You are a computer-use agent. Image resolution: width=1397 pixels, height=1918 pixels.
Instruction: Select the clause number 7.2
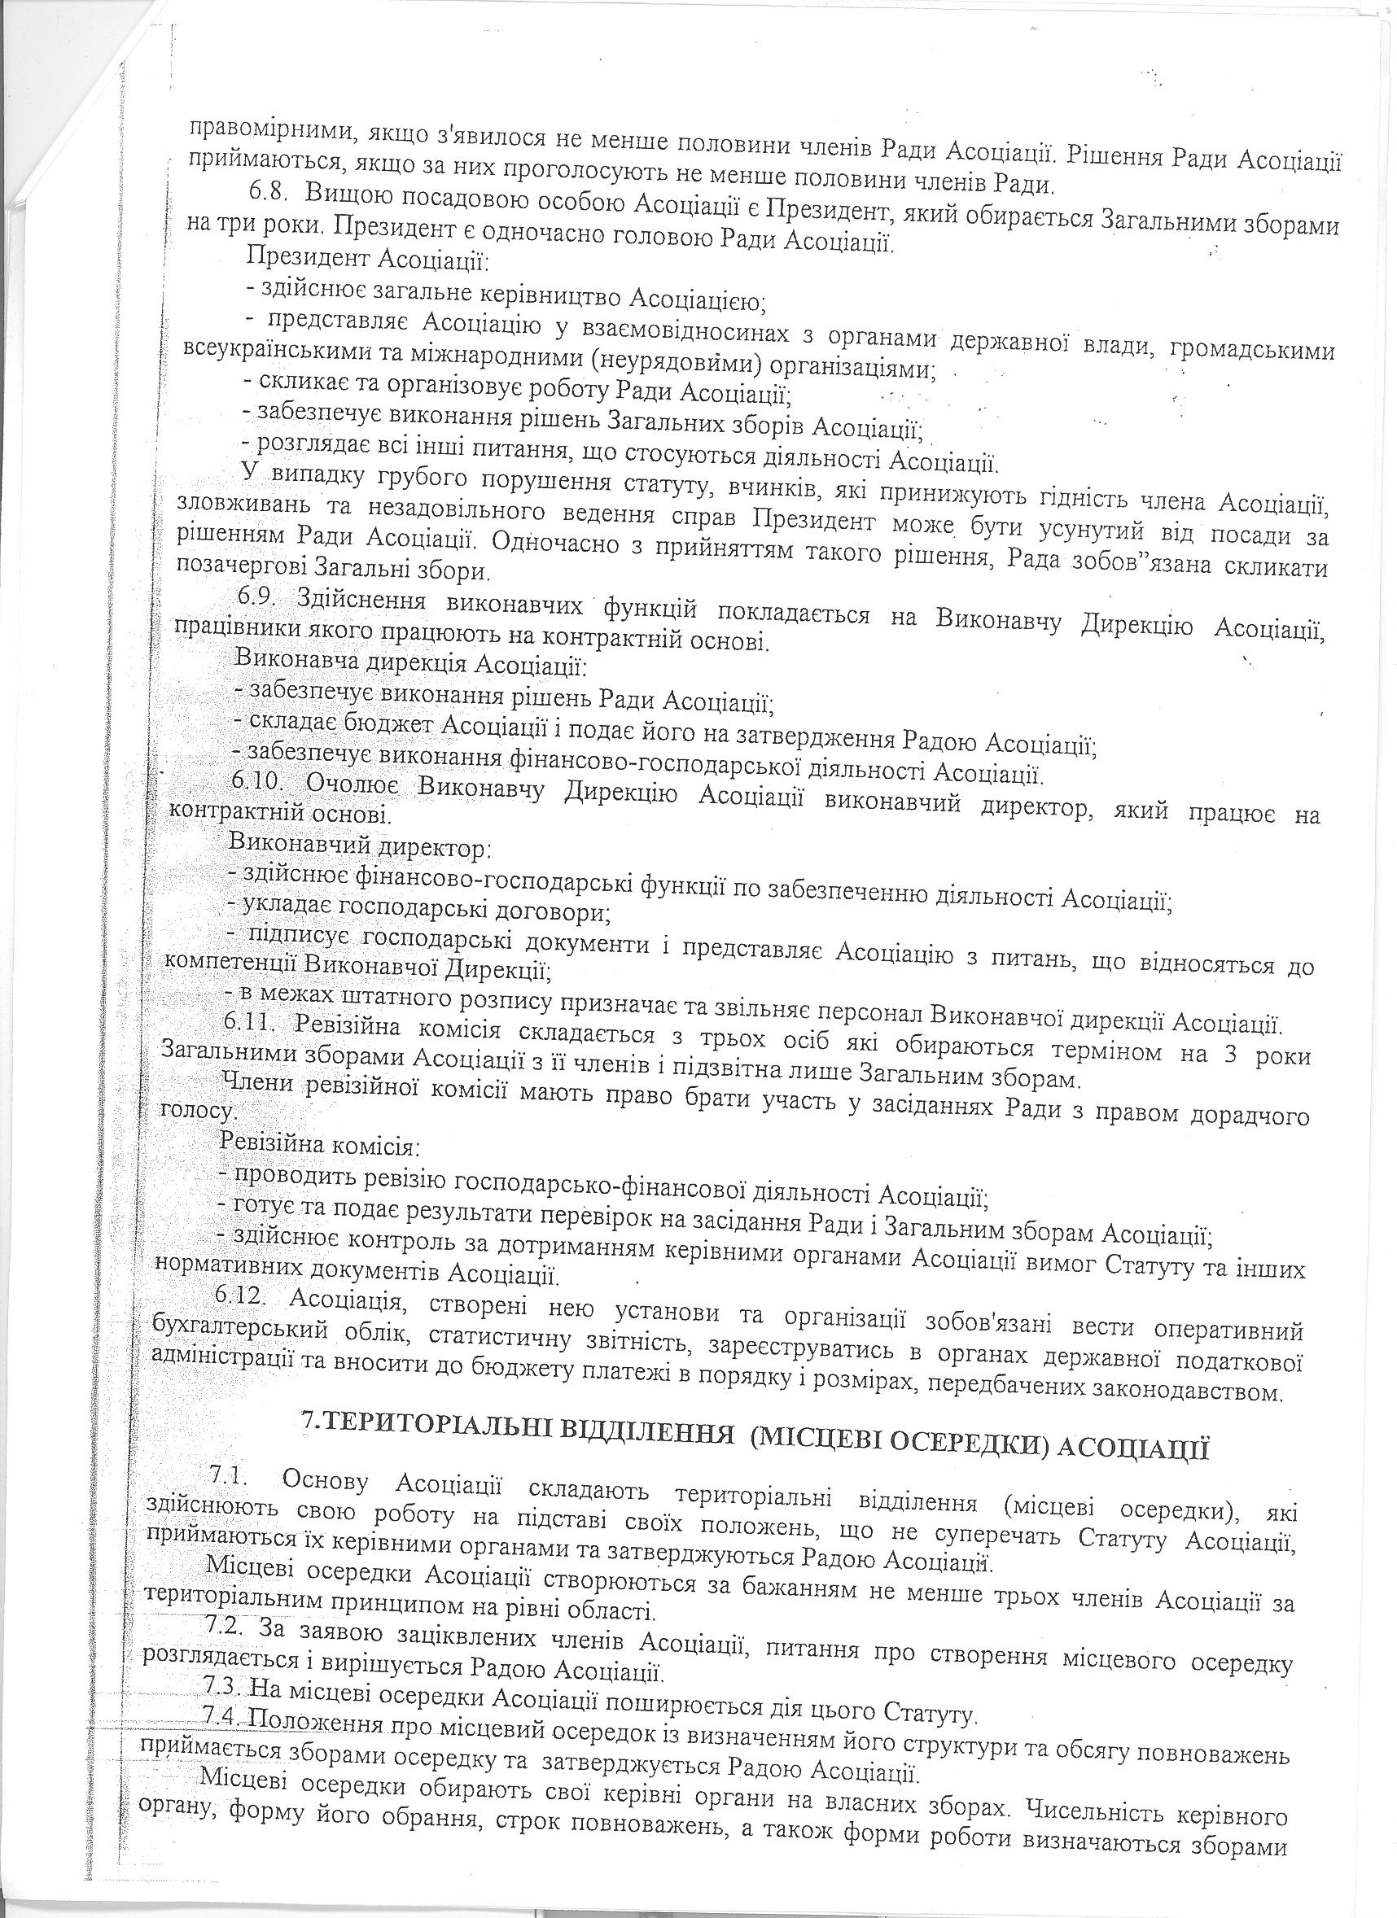pyautogui.click(x=225, y=1626)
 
